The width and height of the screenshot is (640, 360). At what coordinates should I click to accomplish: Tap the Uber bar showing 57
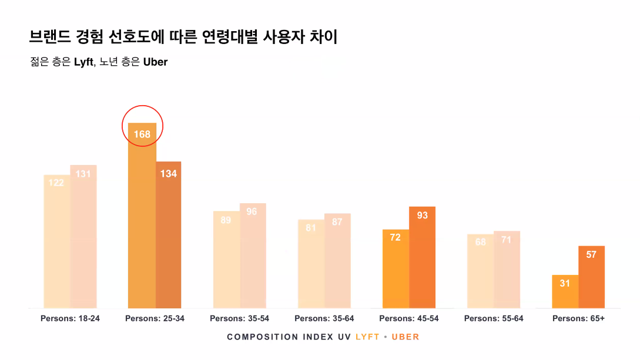coord(591,279)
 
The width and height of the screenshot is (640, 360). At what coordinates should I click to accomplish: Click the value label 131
coord(83,174)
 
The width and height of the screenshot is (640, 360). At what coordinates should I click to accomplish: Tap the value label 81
coord(311,228)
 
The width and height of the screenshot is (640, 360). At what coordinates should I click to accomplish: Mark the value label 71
coord(507,240)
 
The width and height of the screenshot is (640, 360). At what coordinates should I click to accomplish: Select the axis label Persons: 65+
coord(578,318)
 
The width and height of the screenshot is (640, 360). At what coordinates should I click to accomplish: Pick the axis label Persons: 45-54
coord(408,318)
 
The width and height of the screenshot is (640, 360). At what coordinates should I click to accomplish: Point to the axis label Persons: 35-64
coord(324,318)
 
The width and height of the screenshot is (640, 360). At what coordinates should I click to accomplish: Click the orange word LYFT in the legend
coord(367,337)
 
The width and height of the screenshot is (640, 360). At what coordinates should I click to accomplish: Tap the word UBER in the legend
coord(405,337)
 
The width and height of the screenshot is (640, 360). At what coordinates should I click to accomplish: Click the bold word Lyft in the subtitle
coord(83,62)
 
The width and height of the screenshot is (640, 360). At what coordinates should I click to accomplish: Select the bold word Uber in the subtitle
coord(155,62)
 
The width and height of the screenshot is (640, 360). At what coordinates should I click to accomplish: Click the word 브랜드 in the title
coord(49,37)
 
